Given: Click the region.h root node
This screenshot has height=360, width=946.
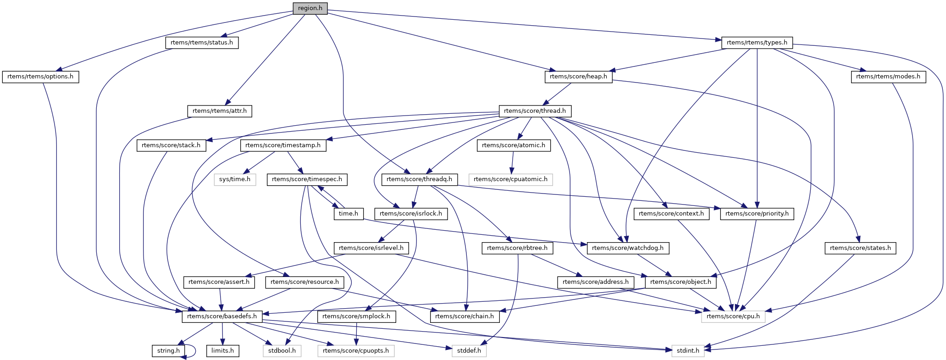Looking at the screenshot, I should point(310,8).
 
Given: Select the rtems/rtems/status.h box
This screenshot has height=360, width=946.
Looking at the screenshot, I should point(202,43).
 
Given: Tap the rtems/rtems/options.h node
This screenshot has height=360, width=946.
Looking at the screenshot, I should point(40,77).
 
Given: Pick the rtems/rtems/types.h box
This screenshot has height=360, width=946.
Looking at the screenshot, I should point(757,43).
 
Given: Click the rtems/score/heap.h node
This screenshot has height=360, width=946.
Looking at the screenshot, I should point(578,77).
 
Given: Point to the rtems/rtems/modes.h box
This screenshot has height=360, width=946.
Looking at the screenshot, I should point(888,77).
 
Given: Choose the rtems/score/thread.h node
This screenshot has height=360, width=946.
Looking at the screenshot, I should point(535,111).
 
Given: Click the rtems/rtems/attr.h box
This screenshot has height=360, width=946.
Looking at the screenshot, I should point(220,111).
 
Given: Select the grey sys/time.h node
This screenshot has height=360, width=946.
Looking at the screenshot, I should point(235,179).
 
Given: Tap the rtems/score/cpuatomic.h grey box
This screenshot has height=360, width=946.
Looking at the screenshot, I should point(510,179).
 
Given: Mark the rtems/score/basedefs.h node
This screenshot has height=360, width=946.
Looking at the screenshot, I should point(222,316).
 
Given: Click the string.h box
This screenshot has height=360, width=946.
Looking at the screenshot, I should point(168,351).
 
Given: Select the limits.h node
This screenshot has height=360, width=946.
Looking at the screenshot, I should point(222,351).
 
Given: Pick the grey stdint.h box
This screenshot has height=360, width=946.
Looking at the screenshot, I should point(688,351).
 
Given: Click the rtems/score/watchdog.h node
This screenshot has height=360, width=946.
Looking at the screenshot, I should point(628,248).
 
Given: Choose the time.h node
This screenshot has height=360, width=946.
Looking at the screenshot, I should point(349,214).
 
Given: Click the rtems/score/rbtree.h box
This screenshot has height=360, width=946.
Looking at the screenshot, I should point(518,248).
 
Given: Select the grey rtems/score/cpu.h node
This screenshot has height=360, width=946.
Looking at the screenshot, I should point(733,316).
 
